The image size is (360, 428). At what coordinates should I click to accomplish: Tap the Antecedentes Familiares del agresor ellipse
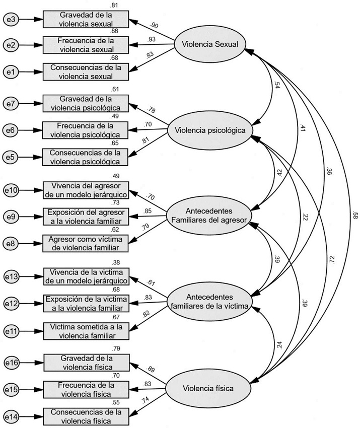(208, 215)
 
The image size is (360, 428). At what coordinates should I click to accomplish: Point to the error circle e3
(11, 20)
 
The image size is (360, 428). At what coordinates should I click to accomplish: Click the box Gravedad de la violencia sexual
(85, 20)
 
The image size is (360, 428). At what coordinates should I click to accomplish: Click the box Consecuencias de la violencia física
(85, 416)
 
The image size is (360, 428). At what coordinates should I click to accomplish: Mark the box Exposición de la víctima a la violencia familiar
(85, 303)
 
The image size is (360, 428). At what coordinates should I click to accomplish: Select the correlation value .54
(277, 86)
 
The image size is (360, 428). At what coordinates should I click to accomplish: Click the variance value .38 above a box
(116, 262)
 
